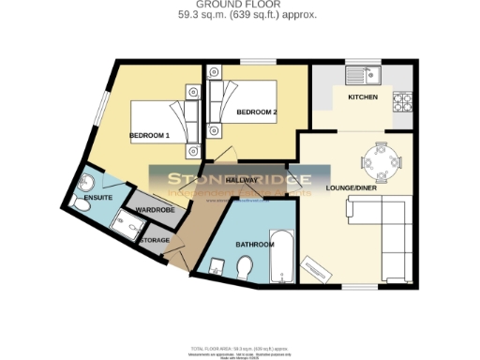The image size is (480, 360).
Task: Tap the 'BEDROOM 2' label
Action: pos(256,112)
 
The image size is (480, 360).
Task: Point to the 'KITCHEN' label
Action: pos(363,97)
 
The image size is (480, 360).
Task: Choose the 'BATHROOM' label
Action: pos(254,244)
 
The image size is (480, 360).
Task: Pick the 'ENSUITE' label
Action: pos(97,198)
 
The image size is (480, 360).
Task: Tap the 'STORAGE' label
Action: pos(155,240)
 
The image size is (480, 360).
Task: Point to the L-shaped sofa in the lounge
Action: pos(381,225)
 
